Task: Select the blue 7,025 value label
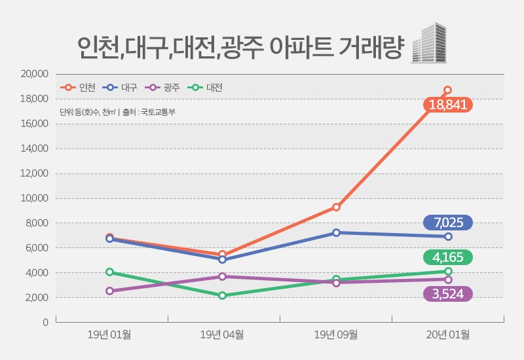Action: (x=448, y=223)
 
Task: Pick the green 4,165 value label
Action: (x=448, y=257)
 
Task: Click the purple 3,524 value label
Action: (x=448, y=294)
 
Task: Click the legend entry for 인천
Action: (x=79, y=87)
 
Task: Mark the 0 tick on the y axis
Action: (x=45, y=322)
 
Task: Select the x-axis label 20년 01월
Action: (x=447, y=335)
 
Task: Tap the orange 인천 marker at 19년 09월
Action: (x=336, y=207)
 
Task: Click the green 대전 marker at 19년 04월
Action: (x=223, y=295)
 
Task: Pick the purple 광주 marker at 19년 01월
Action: (x=110, y=291)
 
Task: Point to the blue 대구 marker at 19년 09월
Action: (x=336, y=232)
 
